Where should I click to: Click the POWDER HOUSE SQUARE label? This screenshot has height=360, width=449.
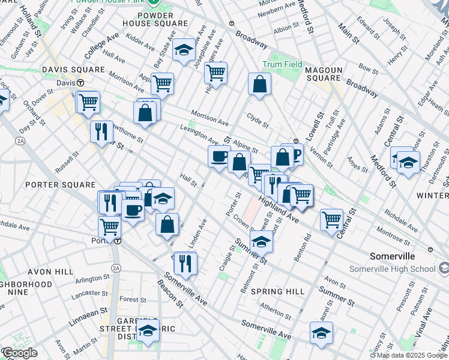[146, 19]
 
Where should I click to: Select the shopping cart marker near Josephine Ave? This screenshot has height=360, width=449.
[215, 73]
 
